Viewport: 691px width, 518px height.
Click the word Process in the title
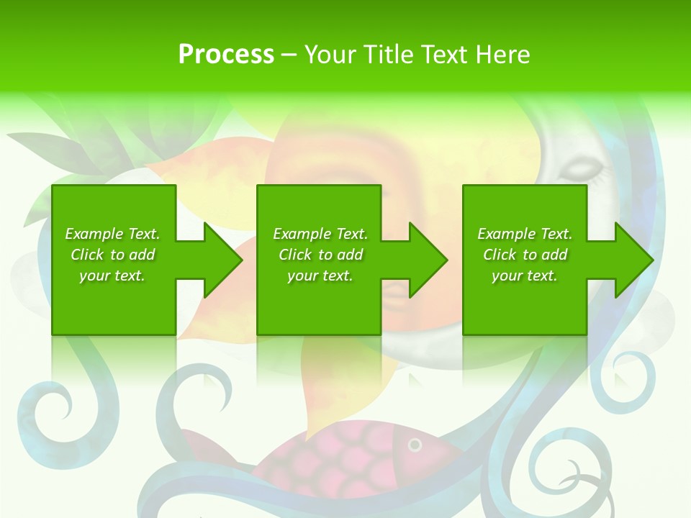point(226,55)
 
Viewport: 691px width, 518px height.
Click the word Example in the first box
point(94,234)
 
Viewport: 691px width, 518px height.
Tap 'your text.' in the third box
point(524,276)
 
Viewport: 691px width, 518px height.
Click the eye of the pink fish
point(415,445)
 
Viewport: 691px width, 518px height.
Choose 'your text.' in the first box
point(112,276)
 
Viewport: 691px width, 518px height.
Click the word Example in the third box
point(507,234)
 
